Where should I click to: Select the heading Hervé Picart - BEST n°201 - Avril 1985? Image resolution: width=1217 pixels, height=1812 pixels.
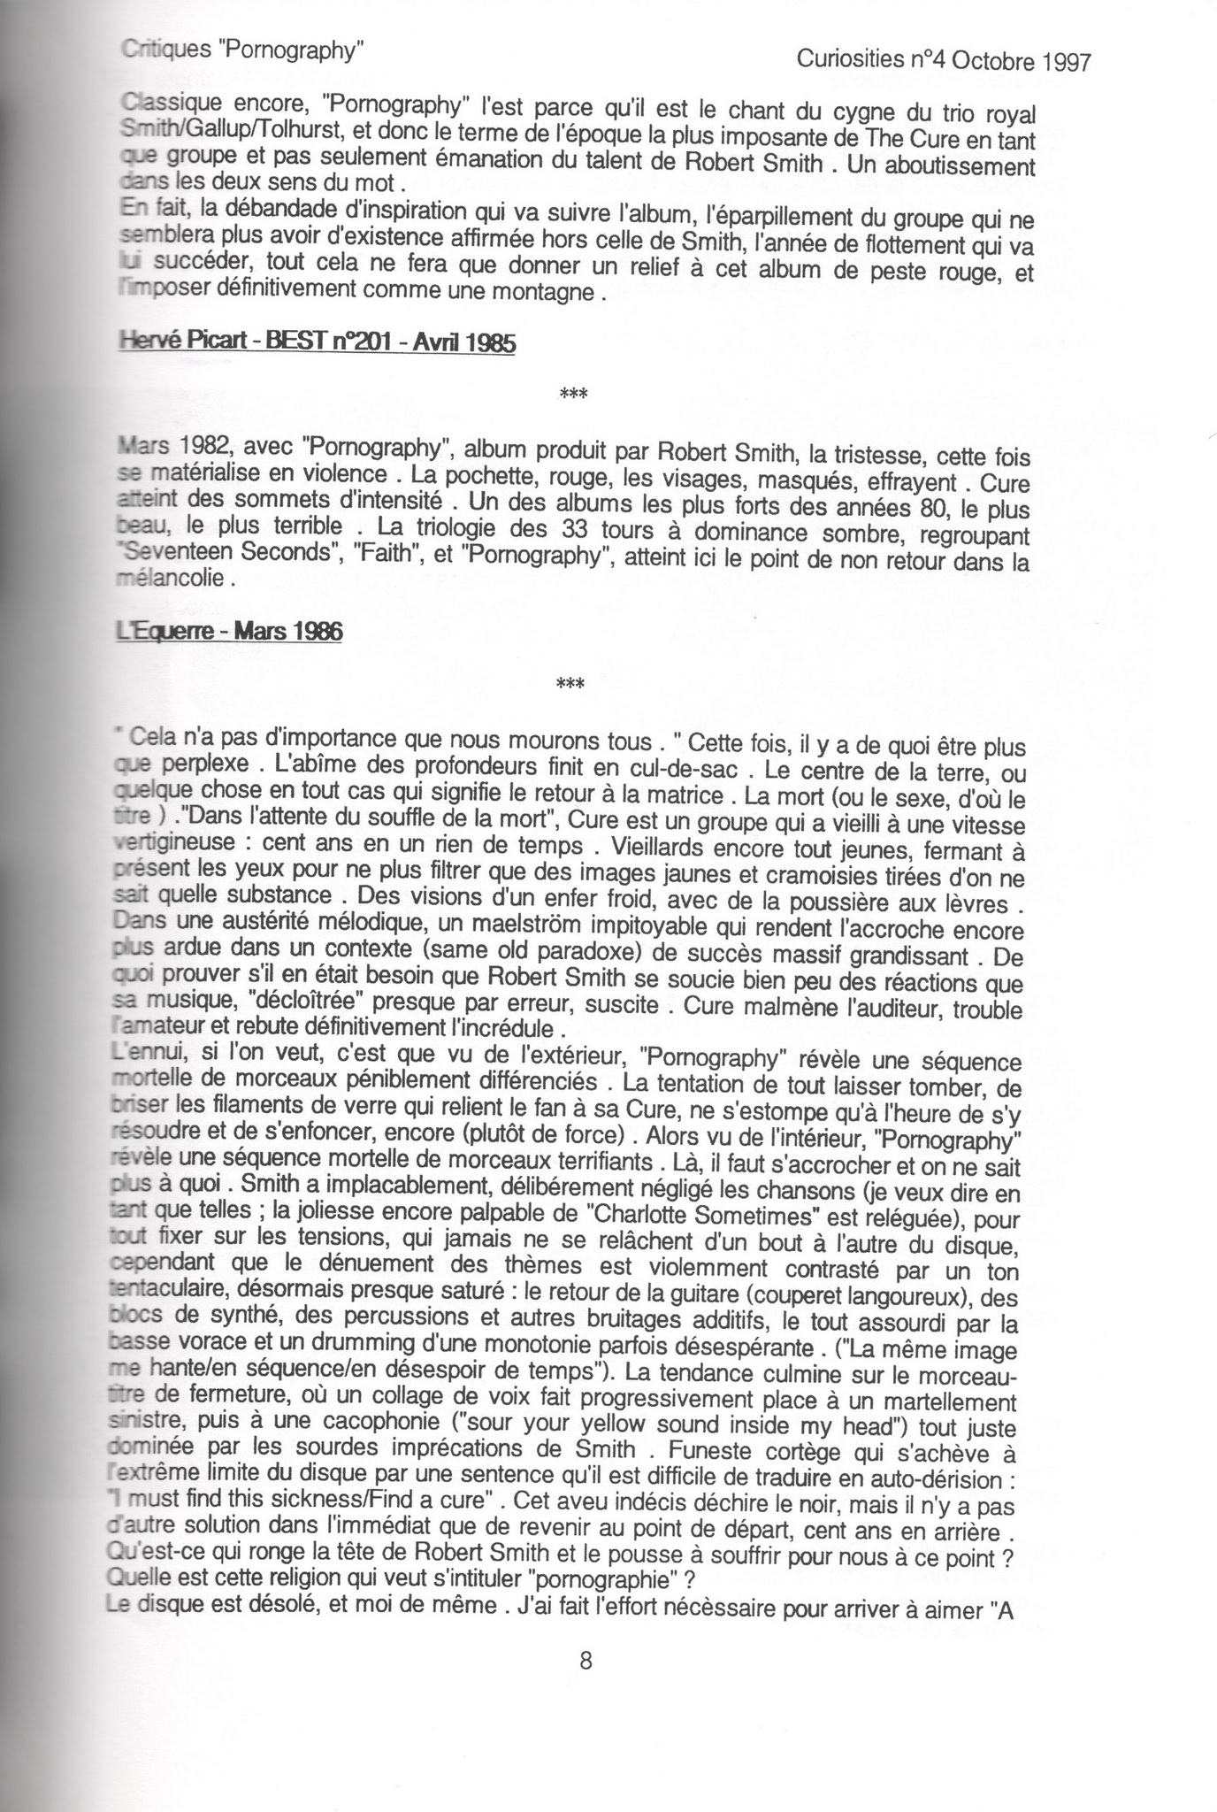pos(317,342)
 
